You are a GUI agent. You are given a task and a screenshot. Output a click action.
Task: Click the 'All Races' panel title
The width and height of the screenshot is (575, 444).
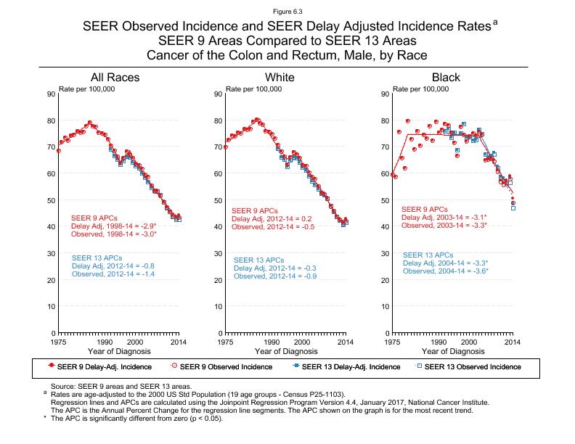tap(115, 78)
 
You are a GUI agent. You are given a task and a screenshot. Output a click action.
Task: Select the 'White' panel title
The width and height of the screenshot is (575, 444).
tap(280, 78)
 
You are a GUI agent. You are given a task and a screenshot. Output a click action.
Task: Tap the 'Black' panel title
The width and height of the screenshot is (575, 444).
tap(446, 78)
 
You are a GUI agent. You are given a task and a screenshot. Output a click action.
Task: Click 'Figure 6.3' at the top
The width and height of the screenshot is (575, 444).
tap(287, 12)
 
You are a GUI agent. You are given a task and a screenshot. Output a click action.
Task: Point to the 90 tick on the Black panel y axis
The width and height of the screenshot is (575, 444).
tap(386, 94)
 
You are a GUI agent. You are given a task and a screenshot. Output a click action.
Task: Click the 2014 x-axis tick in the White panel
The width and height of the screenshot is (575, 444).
tap(346, 341)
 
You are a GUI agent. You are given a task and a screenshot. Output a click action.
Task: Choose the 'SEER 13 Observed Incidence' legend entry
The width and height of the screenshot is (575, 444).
tap(472, 366)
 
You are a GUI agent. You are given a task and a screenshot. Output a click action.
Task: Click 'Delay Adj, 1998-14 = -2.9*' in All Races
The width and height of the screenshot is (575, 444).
tap(113, 226)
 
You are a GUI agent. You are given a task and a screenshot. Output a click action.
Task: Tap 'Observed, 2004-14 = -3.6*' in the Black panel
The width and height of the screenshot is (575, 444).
tap(445, 271)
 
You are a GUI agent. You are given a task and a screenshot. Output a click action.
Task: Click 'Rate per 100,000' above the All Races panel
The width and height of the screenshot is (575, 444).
tap(87, 89)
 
